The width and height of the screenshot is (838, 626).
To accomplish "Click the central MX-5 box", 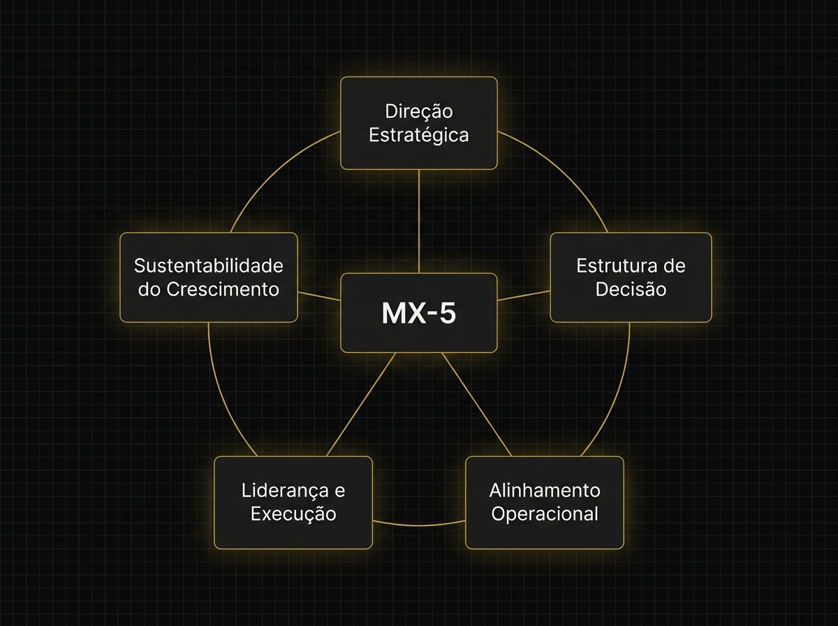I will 419,312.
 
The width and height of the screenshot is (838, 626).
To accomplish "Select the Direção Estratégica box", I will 419,123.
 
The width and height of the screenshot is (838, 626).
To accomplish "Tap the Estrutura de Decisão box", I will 631,277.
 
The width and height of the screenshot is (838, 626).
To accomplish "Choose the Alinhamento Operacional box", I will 545,502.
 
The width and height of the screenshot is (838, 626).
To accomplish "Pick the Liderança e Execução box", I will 293,502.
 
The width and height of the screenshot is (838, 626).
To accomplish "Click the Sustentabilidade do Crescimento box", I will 209,277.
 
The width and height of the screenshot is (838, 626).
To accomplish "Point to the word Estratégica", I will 419,135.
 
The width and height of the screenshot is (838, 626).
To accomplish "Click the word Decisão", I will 631,289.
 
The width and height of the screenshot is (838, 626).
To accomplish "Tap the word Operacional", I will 545,514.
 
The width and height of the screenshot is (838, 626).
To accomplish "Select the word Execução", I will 293,514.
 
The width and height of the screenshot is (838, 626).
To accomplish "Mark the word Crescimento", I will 209,289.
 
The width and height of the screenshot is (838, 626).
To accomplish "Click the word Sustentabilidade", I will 209,265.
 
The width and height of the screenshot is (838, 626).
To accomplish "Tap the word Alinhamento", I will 545,490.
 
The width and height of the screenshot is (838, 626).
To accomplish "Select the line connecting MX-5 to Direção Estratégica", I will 419,221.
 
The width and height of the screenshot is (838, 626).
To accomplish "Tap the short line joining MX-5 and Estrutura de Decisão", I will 524,294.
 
